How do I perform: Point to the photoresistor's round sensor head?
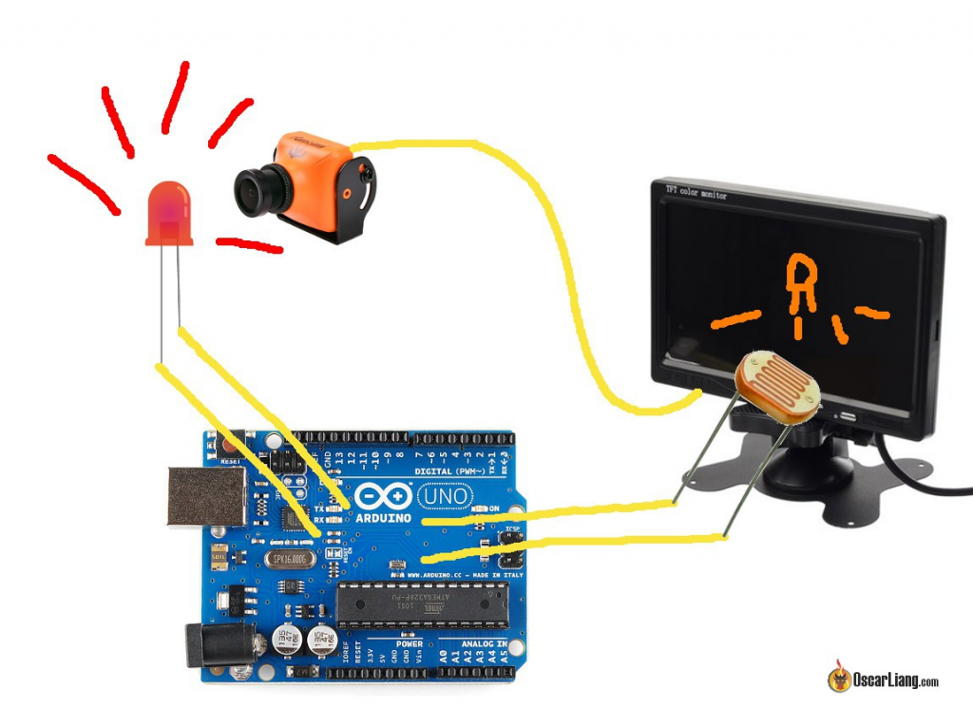[x=776, y=385]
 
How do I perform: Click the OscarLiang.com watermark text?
[x=896, y=680]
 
